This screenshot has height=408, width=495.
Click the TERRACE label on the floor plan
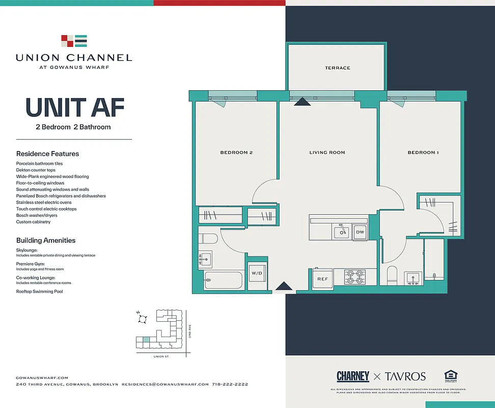[338, 68]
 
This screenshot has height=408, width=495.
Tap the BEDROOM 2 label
[236, 152]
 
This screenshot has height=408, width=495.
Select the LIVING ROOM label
[327, 152]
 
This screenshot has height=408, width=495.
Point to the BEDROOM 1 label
[423, 152]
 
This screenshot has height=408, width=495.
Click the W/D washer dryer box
[257, 273]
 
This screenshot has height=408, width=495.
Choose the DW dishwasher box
[360, 232]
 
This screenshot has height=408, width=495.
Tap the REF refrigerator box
[323, 279]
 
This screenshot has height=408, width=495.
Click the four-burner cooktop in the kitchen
[354, 277]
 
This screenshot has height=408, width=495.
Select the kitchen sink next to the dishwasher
[341, 232]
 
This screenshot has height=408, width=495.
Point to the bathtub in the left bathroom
[223, 280]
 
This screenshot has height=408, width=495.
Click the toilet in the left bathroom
[208, 239]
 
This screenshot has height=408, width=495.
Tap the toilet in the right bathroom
[392, 275]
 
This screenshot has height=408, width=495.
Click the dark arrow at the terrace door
[302, 102]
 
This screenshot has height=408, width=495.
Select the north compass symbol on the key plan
[142, 319]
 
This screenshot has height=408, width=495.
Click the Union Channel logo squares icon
[74, 41]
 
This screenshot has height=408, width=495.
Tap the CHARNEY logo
[353, 376]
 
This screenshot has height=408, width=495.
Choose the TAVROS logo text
[405, 376]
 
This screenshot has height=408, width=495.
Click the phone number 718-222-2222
[230, 384]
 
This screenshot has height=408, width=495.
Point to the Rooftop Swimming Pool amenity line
[40, 291]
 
